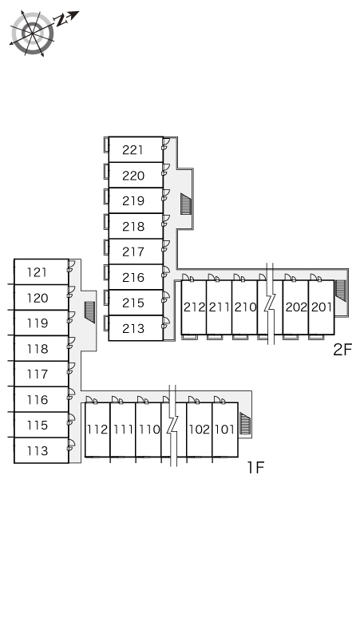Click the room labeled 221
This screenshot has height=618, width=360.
coord(136,150)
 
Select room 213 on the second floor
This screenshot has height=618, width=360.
coord(136,328)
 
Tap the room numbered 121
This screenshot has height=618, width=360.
coord(42,272)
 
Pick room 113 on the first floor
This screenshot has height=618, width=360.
coord(42,450)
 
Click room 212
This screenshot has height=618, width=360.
coord(194,307)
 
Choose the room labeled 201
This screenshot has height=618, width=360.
coord(322,307)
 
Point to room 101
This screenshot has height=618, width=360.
coord(225,430)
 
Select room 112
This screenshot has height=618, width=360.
coord(97,430)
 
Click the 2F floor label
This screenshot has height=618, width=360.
coord(342,349)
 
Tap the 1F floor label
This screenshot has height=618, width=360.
coord(255,467)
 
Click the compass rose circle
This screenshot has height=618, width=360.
coord(32,34)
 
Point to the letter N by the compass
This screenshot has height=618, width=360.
coord(60,20)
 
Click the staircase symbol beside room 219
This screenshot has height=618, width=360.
coord(186,204)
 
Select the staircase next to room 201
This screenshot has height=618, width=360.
coord(341,291)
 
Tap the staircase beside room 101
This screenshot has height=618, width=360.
coord(245,424)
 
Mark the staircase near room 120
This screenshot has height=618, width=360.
coord(90,312)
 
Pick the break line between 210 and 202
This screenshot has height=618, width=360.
coord(270,303)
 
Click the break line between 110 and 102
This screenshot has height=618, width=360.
coord(172,426)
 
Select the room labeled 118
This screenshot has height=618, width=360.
coord(42,348)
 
